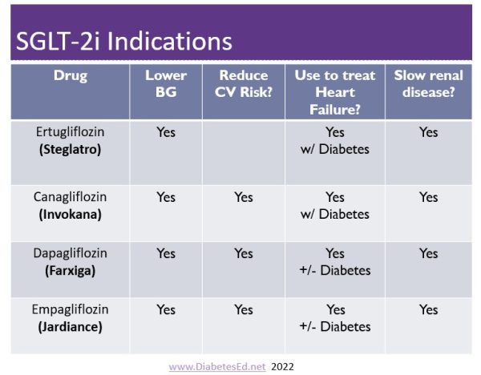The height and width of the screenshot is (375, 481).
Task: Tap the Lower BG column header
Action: (x=166, y=83)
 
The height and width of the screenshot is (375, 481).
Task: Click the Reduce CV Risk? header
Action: (x=243, y=83)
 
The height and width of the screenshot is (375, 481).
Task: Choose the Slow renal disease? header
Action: (x=428, y=83)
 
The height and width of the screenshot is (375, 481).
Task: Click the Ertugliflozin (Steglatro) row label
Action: (x=71, y=141)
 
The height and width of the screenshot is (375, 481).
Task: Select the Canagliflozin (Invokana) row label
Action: (x=71, y=206)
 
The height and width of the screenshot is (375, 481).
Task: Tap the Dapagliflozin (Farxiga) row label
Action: (x=71, y=262)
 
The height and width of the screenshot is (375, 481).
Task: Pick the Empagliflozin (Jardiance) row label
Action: (x=71, y=318)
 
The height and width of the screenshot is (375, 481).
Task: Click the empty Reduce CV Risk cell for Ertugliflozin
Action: (x=243, y=152)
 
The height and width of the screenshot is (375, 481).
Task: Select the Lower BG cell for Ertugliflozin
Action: (x=166, y=133)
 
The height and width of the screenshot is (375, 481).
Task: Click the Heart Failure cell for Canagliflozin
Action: (x=335, y=206)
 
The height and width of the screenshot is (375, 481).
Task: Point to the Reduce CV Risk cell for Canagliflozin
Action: (x=243, y=197)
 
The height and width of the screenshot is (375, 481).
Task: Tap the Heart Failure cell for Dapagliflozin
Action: (x=335, y=262)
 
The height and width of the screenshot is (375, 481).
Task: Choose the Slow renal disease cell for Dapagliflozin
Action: (x=428, y=253)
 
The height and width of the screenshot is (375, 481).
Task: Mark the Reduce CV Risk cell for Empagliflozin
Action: (x=243, y=309)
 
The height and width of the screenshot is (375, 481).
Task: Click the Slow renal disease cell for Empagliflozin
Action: (x=428, y=309)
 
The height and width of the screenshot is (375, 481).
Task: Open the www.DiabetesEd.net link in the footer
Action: (x=217, y=366)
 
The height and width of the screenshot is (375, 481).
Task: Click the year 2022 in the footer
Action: (x=282, y=366)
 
